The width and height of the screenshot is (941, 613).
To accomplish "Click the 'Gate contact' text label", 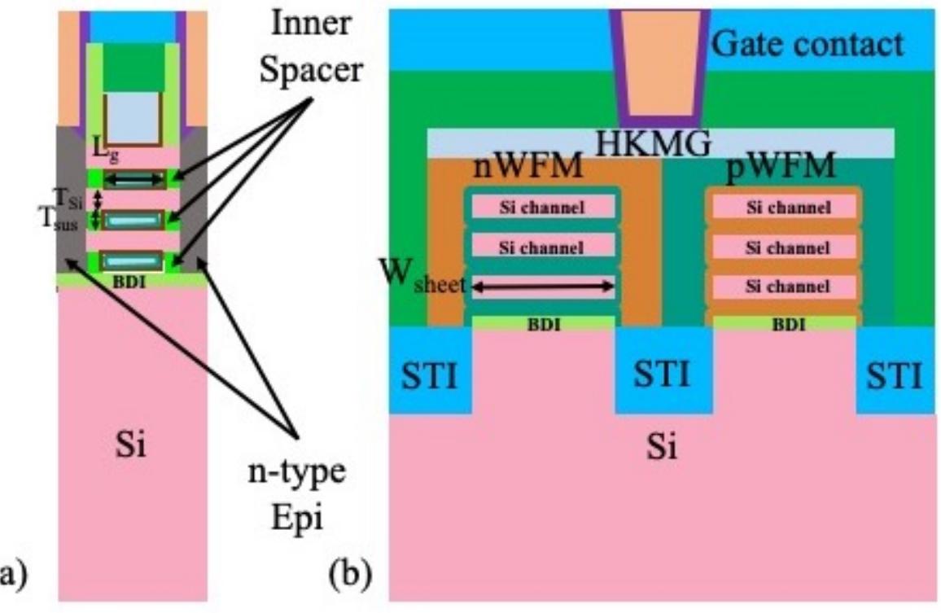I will coord(807,44).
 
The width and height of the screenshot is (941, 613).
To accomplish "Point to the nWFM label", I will coord(527,169).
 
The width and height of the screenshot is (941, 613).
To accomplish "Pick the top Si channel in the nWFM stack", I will coord(542,208).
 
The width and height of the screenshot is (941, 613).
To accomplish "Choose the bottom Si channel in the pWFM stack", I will coord(784,287).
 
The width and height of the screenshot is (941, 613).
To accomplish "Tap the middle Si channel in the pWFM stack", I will coord(784,247).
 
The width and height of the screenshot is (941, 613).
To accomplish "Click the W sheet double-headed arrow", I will coord(543,286).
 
